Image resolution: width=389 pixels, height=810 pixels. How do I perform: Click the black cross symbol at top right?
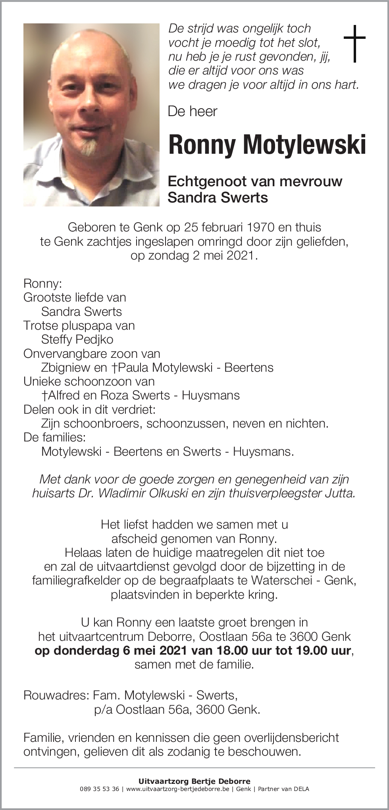(354, 43)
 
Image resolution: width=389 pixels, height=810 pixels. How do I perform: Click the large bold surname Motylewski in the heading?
(304, 145)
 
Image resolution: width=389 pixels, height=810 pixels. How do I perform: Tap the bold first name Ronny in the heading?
(202, 145)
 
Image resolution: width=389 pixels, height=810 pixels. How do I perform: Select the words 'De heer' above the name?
(193, 111)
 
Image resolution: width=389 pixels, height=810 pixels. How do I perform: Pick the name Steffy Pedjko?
(77, 340)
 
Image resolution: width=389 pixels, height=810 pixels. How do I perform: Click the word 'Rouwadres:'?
(56, 695)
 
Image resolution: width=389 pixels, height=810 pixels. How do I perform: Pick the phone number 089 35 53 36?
(99, 789)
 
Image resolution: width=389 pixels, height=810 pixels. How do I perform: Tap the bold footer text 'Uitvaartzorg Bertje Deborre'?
(194, 781)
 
